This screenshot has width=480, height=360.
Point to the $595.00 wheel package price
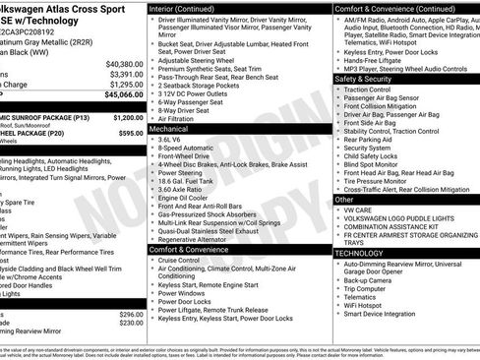pyautogui.click(x=124, y=132)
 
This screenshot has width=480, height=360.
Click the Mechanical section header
pyautogui.click(x=171, y=128)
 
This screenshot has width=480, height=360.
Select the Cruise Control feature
pyautogui.click(x=187, y=261)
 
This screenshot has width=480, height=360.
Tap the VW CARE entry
pyautogui.click(x=359, y=210)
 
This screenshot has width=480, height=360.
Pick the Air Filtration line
pyautogui.click(x=183, y=117)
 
